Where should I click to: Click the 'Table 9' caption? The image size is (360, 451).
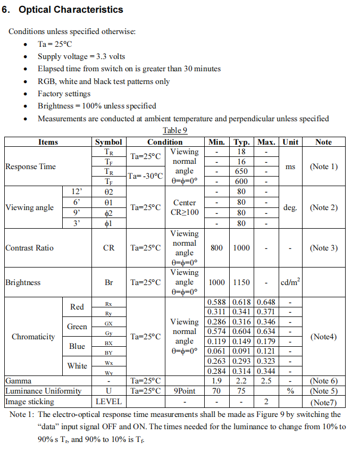[x=175, y=130]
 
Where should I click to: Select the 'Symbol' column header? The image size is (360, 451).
[x=108, y=142]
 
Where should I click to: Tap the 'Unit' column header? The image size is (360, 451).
[x=290, y=142]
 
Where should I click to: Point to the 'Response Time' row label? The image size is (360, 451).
[x=30, y=166]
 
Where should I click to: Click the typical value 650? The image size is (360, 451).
[x=241, y=171]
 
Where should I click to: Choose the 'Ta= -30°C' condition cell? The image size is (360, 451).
[x=145, y=176]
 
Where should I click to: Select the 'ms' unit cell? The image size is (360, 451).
[x=290, y=166]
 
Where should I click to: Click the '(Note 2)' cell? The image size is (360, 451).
[x=323, y=207]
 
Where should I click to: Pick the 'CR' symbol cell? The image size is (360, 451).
[x=108, y=248]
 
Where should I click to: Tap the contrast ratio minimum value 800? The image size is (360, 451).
[x=216, y=248]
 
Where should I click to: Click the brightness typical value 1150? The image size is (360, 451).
[x=241, y=282]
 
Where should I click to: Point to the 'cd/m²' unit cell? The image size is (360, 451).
[x=290, y=282]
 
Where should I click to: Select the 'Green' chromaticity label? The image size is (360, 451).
[x=77, y=327]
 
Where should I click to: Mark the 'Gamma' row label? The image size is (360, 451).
[x=19, y=381]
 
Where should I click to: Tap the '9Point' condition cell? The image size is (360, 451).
[x=185, y=391]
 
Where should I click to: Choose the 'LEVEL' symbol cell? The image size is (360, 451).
[x=108, y=402]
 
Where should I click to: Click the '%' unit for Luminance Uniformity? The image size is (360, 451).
[x=290, y=391]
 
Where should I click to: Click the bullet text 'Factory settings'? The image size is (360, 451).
[x=64, y=94]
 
